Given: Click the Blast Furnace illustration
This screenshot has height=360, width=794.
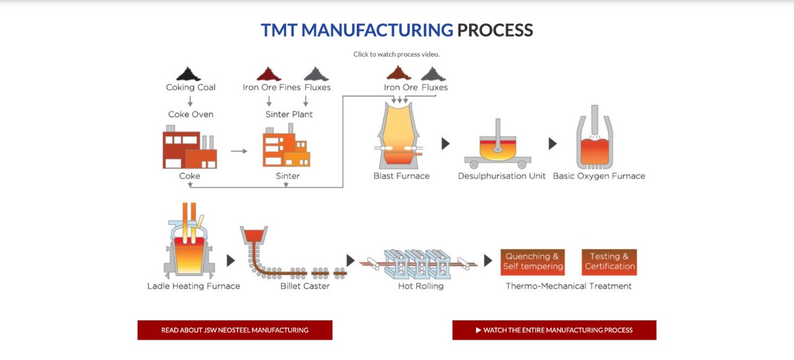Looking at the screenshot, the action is (x=399, y=136).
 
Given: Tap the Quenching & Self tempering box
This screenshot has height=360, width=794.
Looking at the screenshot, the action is (x=532, y=262).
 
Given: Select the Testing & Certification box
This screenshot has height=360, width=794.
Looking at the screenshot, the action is (x=609, y=262).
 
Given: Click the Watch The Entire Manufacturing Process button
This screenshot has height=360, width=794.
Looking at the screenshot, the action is (x=554, y=330).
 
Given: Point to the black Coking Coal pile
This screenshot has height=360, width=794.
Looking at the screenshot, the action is (x=188, y=74).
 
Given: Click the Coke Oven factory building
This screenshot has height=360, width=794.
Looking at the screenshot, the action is (x=190, y=147).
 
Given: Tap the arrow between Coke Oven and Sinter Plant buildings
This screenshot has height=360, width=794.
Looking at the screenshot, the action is (x=239, y=151).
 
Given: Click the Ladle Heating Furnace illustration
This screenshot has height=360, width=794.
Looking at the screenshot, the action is (x=189, y=240).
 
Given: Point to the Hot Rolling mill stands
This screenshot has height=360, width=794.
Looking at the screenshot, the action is (x=418, y=264).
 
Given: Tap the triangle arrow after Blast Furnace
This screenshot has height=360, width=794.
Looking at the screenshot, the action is (x=445, y=143).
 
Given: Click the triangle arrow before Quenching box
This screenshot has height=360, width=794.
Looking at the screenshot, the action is (x=488, y=260).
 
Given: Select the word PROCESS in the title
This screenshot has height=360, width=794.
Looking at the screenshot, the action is (x=495, y=30).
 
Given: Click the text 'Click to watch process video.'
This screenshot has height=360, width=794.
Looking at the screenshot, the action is (x=396, y=54).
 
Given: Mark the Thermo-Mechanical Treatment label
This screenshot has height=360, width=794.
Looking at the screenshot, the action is (x=569, y=286).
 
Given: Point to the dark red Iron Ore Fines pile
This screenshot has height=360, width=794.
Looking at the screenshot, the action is (x=269, y=74).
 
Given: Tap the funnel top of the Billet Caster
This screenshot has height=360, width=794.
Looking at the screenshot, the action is (x=254, y=234).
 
